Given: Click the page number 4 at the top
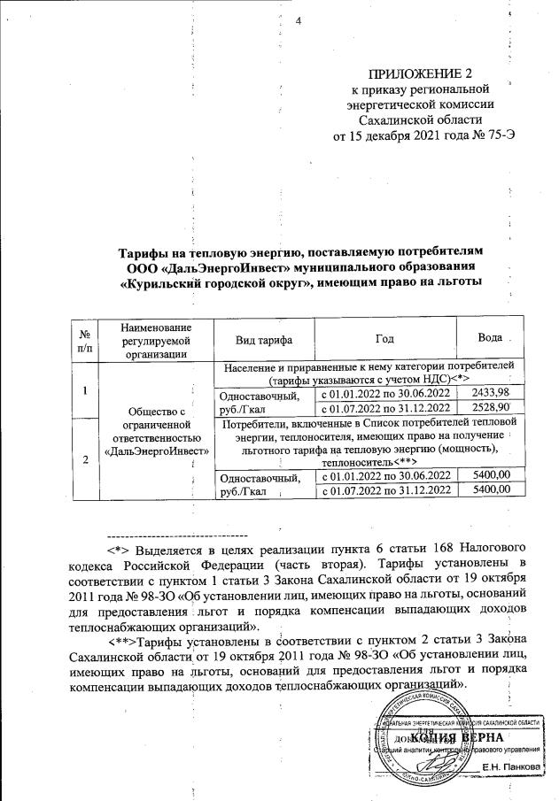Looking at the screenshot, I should point(299,22).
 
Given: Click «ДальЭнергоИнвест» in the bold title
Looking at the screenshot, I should point(226,268).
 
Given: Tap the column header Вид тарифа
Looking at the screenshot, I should point(263,340).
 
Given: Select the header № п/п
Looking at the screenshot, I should point(86,340).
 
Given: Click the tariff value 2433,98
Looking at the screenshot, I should point(490,392).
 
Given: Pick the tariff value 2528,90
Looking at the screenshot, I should point(490,407).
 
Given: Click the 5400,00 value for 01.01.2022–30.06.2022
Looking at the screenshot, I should point(490,476).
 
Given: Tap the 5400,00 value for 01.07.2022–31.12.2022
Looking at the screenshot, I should point(490,491).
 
